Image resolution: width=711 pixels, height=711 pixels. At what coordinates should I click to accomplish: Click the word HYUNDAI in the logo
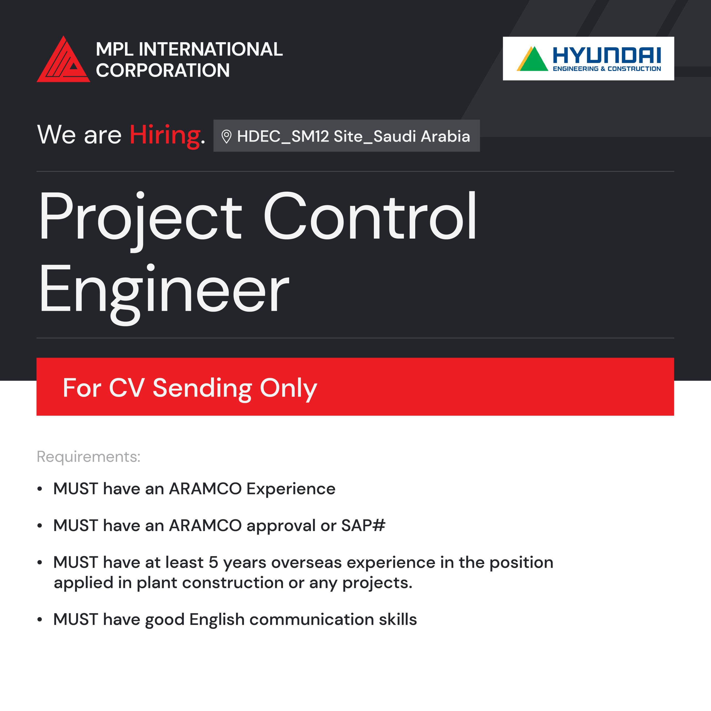click(607, 56)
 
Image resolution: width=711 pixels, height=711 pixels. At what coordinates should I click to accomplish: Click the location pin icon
click(226, 137)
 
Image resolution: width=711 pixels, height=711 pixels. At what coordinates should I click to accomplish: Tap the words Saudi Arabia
click(422, 136)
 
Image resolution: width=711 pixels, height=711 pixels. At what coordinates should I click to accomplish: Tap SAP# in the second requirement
click(363, 525)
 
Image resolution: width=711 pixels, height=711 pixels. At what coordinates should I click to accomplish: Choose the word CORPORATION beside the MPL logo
click(163, 70)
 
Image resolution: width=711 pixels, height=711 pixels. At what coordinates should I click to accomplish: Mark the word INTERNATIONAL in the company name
click(211, 49)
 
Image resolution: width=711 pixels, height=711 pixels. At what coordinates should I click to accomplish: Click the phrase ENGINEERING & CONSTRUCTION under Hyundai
click(607, 69)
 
